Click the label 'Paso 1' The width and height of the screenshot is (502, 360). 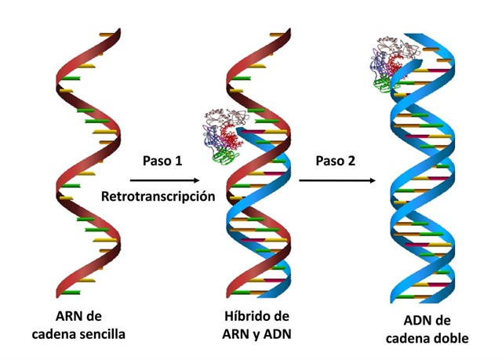[x=162, y=161]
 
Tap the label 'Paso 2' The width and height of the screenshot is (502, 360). [x=336, y=161]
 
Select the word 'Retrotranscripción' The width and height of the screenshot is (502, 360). [x=158, y=196]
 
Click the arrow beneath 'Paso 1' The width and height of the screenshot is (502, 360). [x=165, y=180]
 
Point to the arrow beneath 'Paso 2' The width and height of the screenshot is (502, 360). [x=337, y=180]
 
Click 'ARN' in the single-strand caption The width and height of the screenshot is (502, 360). [x=69, y=317]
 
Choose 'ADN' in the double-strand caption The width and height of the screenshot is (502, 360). [x=417, y=321]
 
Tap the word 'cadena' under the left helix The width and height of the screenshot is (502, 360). [x=54, y=334]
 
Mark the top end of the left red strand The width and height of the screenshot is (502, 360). [x=119, y=30]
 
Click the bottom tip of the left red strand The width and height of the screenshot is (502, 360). [x=58, y=296]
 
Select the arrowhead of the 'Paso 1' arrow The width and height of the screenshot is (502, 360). [x=196, y=180]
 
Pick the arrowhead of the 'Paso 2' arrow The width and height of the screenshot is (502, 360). [x=372, y=180]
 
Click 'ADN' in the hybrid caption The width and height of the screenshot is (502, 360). [x=277, y=334]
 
